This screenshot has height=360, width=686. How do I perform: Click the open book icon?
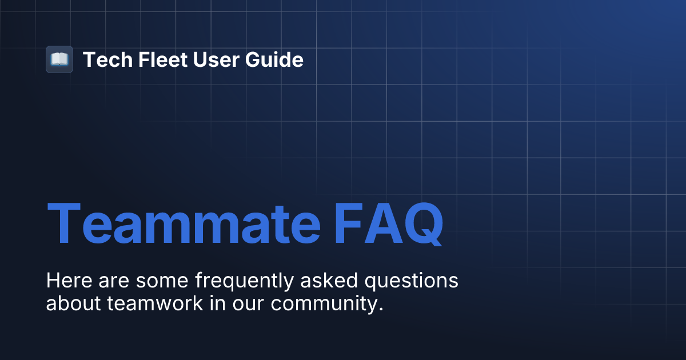coord(59,59)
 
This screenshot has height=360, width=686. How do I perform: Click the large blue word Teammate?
coord(183,223)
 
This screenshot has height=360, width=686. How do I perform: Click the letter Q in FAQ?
coord(422,225)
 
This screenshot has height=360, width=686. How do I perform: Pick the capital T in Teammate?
coord(64,223)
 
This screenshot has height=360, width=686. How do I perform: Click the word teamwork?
coord(155,303)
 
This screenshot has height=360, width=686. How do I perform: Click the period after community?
coord(380,309)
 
